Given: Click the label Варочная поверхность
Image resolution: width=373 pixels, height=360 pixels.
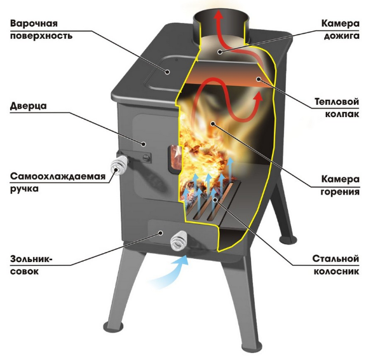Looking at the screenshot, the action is point(41,30).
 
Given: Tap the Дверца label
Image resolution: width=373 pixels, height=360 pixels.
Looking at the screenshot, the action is point(29,106).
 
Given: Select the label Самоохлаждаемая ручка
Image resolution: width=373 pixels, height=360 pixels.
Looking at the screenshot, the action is point(58,183).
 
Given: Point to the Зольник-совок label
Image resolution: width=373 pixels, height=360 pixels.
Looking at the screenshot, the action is point(31,265).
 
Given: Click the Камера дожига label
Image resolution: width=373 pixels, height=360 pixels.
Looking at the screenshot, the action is point(341,30).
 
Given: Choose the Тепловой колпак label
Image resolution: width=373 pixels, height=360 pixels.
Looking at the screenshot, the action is point(337,108).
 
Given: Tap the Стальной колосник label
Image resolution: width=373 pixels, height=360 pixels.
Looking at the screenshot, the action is point(336,265).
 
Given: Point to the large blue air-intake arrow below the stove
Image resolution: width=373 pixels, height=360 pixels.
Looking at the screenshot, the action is point(170,272).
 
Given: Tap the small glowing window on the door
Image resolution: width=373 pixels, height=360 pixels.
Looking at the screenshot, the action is point(175,158).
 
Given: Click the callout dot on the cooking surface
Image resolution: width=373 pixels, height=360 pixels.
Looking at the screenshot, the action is point(168,72).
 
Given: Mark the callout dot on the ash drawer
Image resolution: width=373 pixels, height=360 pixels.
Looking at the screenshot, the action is point(161,233).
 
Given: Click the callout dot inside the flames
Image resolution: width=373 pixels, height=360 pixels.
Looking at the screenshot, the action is point(213,123).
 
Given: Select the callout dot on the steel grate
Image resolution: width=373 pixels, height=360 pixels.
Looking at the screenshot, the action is point(215,200).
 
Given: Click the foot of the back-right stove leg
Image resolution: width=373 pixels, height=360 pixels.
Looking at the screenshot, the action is point(288,239).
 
